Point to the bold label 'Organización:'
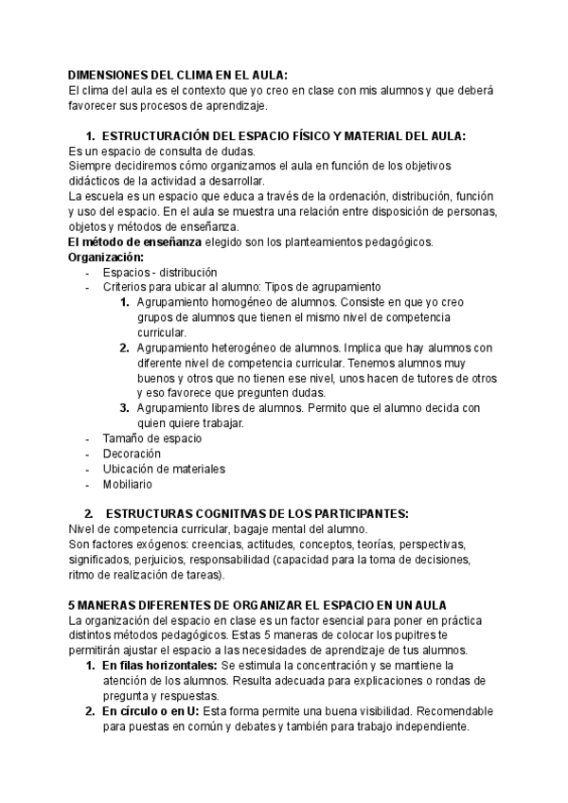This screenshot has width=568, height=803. (107, 257)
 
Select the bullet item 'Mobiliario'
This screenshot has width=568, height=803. (128, 484)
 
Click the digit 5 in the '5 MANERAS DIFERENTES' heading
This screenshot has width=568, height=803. (73, 605)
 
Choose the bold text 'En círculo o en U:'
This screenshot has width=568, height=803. (151, 711)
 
